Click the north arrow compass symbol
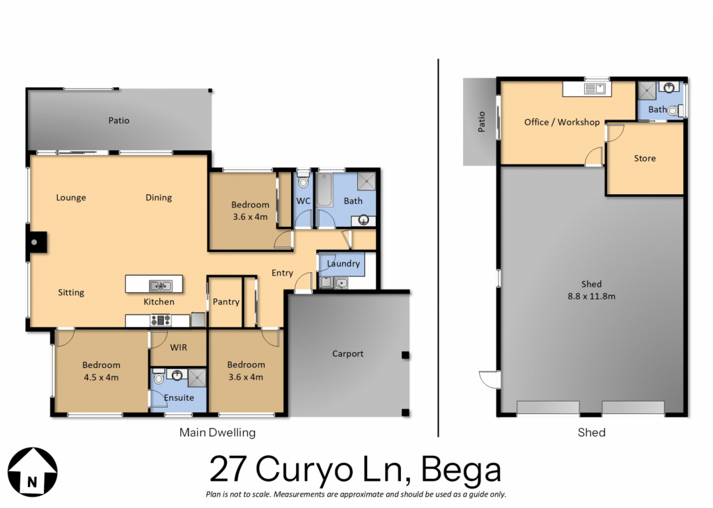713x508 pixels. point(33,472)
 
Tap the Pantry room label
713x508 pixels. point(226,302)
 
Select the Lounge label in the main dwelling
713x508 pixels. point(71,198)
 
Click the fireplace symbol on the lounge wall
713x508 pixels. point(36,242)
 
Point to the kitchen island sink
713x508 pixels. point(161,285)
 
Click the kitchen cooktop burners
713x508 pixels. point(161,320)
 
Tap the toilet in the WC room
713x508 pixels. point(304,180)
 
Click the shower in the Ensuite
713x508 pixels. point(197,377)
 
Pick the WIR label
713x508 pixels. point(178,348)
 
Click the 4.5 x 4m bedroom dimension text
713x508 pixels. point(101,377)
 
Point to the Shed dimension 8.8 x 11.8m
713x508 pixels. point(591,296)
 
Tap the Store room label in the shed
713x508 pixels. point(645,158)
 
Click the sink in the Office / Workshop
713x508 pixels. point(595,88)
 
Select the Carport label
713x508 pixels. point(348,354)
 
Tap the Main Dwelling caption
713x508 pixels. point(217,433)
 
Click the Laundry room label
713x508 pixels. point(343,264)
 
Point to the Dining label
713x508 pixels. point(159,198)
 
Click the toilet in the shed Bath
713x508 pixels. point(675,110)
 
